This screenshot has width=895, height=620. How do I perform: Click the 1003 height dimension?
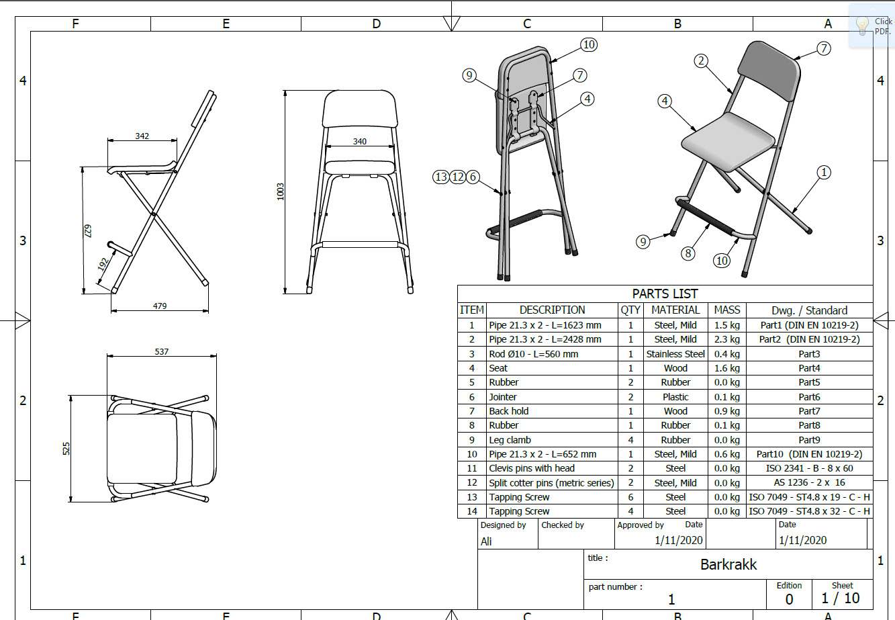281,191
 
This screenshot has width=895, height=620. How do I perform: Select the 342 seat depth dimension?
142,136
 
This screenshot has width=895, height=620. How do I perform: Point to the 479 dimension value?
160,306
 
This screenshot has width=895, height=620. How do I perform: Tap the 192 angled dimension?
103,265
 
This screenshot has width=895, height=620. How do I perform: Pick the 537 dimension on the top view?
162,351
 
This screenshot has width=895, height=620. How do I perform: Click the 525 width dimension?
66,449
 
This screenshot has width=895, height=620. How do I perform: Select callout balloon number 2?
701,61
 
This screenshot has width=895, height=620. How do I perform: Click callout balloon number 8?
688,253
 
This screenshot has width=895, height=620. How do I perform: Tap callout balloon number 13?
440,177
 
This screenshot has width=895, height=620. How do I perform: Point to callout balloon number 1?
824,173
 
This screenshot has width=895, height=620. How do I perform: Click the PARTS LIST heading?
665,294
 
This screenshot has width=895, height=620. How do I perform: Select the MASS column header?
726,310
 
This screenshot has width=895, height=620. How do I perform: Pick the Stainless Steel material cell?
675,354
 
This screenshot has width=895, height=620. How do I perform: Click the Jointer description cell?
503,397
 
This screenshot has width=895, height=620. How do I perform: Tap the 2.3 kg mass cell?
726,339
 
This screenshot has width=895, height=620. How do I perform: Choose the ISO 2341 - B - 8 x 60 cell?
809,468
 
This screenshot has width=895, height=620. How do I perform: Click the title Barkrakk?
728,564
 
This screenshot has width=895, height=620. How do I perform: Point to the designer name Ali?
486,541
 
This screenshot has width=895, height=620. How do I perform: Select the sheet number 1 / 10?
840,598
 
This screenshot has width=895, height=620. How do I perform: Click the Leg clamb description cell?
510,440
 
